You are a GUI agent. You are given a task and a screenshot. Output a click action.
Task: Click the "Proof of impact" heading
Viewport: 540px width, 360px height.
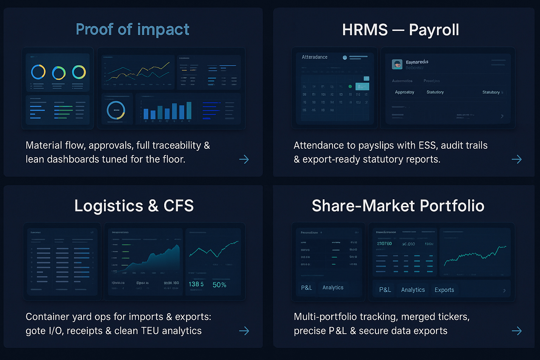[133, 30]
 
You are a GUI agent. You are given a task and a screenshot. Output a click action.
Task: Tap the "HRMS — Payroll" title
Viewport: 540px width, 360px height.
[400, 30]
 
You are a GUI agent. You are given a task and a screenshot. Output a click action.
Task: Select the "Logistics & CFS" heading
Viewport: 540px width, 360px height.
[134, 206]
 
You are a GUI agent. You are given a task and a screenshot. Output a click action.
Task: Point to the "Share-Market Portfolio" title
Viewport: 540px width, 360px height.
[398, 206]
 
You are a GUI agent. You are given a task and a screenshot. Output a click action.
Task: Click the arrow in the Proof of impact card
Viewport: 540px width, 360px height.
[244, 159]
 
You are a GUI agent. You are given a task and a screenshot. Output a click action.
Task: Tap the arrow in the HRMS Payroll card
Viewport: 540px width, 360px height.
[516, 159]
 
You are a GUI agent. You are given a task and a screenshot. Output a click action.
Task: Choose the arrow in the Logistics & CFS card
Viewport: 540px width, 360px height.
[244, 330]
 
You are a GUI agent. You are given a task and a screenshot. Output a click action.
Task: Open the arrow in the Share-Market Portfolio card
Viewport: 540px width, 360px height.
[516, 330]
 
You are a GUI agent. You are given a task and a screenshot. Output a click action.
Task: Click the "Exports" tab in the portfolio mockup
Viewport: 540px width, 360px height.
[444, 290]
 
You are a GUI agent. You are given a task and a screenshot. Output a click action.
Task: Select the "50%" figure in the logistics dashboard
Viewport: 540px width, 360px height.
[219, 285]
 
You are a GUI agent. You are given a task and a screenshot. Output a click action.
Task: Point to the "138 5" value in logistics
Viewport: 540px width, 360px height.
[196, 284]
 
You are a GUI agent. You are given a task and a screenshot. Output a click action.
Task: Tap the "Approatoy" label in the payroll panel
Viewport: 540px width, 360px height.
[404, 92]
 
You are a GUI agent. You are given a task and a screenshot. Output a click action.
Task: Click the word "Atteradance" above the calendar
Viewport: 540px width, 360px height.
[314, 57]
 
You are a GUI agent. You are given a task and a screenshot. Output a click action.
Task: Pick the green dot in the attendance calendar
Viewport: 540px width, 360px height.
[350, 86]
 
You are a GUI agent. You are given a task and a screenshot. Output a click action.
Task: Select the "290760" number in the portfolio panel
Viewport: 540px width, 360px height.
[384, 244]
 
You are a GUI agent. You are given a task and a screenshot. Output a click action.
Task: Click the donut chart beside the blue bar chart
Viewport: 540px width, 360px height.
[116, 110]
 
